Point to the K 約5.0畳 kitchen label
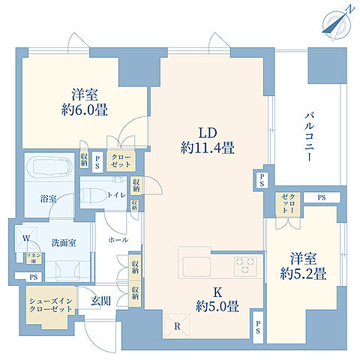[x=217, y=299]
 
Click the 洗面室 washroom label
[x=52, y=243]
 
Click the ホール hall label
[x=117, y=241]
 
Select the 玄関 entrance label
[x=100, y=300]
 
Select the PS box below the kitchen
[x=257, y=326]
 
